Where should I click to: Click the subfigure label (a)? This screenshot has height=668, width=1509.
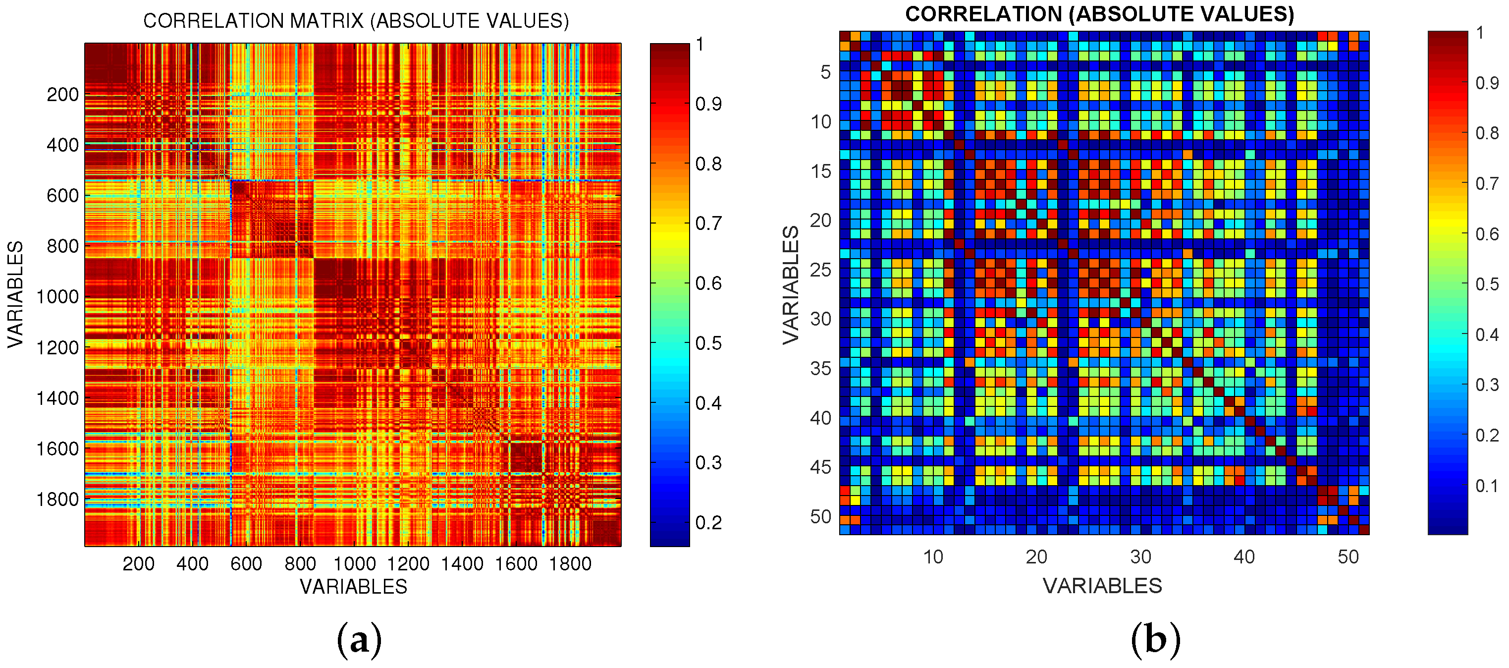coord(359,640)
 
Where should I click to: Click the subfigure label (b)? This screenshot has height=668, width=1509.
coord(1155,640)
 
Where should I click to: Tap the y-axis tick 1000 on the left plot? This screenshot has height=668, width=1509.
coord(57,297)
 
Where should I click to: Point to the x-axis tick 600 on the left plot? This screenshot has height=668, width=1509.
coord(246,564)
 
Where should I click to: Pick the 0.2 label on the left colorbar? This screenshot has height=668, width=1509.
coord(708,522)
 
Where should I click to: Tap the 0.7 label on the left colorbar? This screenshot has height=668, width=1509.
coord(708,223)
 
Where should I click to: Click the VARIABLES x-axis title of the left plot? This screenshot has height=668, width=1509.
coord(353,587)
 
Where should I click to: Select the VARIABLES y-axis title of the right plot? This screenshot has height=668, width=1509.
coord(791,285)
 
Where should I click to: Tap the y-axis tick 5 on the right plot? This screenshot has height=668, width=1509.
coord(825,72)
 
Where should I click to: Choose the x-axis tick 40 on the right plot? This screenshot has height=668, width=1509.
coord(1243,557)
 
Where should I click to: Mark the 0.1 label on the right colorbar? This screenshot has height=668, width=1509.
coord(1486,486)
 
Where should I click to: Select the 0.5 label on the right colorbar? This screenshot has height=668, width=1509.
coord(1486,284)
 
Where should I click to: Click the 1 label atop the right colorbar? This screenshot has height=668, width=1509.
coord(1480,33)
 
